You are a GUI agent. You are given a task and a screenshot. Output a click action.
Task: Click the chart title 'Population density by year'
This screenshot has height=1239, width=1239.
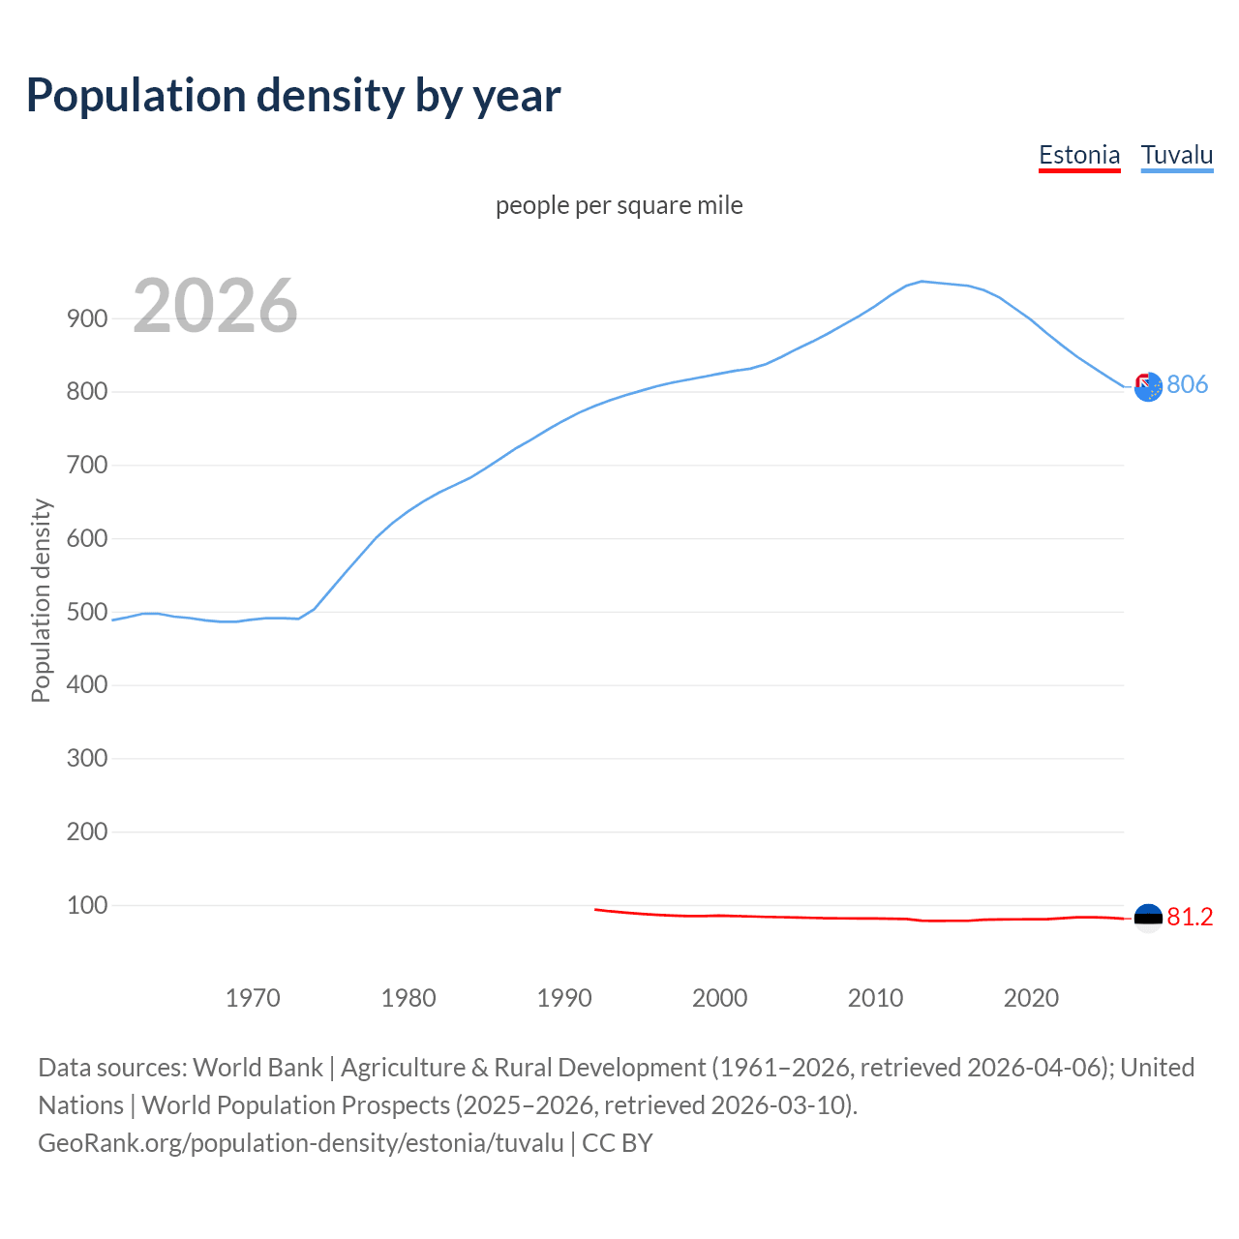pos(293,96)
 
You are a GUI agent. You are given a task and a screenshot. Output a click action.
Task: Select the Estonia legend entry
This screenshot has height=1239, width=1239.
pos(1078,155)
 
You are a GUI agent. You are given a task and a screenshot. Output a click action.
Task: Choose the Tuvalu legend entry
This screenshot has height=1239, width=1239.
pos(1176,155)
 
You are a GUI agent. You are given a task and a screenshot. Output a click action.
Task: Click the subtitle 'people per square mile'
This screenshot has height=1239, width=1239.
pos(619,205)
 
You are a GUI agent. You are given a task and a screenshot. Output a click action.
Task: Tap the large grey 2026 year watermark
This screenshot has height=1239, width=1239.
pos(215,306)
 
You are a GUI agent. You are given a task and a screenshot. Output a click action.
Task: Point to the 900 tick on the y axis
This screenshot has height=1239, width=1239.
pos(86,318)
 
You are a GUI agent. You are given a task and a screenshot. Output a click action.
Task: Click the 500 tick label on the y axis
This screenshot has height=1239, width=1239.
pos(86,612)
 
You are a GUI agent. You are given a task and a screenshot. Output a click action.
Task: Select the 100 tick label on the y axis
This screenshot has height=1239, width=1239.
pos(86,905)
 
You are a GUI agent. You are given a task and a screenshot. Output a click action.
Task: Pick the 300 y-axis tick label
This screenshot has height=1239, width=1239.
pos(86,758)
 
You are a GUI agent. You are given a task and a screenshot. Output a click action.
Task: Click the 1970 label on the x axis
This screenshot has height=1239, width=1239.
pos(253,998)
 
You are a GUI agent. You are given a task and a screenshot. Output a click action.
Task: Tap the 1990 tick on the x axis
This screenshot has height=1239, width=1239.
pos(563,998)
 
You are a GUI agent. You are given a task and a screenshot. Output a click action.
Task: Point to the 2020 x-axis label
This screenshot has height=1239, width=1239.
pos(1031,998)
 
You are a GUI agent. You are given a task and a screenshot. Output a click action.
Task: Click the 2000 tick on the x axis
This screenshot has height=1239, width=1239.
pos(719,998)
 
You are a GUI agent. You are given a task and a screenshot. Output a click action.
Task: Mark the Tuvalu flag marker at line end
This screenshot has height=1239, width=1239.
pos(1147,387)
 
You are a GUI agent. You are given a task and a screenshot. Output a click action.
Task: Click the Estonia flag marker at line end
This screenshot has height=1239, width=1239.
pos(1147,918)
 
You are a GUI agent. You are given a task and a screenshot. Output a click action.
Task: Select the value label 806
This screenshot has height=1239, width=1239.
pos(1188,385)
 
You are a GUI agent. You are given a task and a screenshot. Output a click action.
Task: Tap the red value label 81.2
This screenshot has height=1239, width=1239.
pos(1190,918)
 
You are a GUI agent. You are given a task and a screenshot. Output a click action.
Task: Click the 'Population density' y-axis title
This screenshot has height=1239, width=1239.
pos(41,600)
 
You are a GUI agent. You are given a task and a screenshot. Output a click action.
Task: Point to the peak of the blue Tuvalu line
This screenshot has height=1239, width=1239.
pos(922,282)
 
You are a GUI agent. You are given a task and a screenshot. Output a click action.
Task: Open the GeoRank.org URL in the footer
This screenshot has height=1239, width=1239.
pos(300,1143)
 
